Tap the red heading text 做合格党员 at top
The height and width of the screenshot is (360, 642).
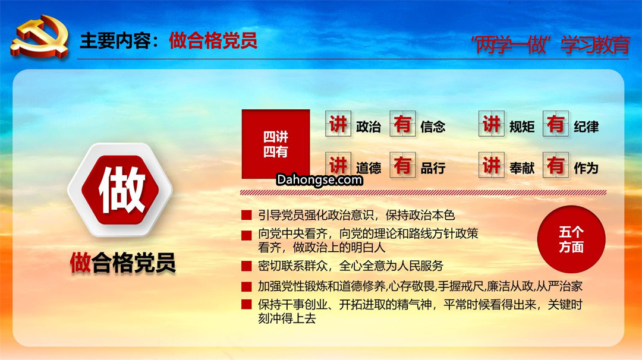pos(213,40)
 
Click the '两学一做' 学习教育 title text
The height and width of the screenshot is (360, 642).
pos(550,45)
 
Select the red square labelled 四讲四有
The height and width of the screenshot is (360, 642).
pos(276,144)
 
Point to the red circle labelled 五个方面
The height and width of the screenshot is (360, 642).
pos(571,239)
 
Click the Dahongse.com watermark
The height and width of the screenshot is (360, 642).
pos(319,179)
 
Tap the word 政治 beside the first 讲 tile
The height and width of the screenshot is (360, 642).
pos(369,127)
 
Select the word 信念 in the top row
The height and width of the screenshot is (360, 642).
pos(433,127)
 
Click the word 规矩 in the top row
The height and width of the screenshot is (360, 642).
pos(522,127)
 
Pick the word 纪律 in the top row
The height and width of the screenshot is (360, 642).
pos(586,127)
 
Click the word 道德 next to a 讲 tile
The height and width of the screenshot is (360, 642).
pos(369,168)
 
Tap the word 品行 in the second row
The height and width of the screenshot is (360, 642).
pos(433,168)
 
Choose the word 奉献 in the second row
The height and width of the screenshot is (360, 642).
pos(522,168)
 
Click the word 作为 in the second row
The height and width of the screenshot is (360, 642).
pos(586,168)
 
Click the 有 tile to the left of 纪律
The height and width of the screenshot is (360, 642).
pos(556,124)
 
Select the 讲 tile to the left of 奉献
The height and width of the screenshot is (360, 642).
pos(492,165)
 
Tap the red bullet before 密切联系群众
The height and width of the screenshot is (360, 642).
pos(247,266)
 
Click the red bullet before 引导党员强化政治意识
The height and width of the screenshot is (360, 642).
pos(247,215)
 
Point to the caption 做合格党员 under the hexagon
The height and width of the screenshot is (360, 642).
pos(123,263)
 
